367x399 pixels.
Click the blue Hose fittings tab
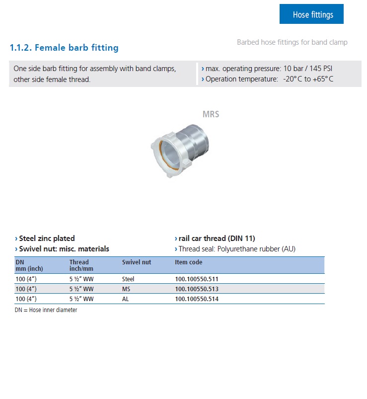[311, 14]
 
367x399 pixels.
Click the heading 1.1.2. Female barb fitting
[64, 48]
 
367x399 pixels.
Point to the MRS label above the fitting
[211, 114]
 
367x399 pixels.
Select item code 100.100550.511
[197, 279]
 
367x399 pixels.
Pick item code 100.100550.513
[197, 289]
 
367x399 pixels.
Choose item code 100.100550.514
[197, 299]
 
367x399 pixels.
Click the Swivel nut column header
[137, 262]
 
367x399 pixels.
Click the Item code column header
[189, 262]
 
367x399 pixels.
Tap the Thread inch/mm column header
[79, 265]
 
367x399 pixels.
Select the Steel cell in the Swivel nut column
[128, 279]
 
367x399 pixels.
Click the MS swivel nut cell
[126, 289]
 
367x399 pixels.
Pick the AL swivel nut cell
[126, 299]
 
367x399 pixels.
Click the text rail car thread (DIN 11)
[217, 239]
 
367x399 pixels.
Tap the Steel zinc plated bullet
[46, 239]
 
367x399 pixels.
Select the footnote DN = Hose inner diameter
[46, 310]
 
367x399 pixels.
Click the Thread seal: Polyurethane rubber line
[236, 249]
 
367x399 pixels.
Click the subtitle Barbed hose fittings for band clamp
[292, 42]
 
